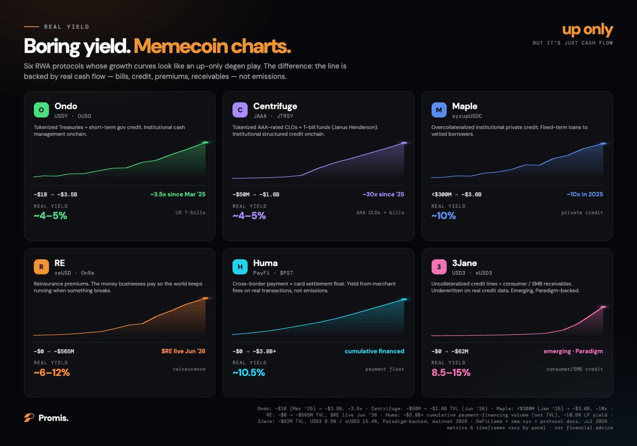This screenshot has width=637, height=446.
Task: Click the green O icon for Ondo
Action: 41,110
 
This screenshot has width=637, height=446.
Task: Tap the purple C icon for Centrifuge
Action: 240,110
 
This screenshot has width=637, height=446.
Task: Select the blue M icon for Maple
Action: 439,110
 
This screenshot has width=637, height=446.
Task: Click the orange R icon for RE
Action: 41,267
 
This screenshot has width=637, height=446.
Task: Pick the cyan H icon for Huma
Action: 240,267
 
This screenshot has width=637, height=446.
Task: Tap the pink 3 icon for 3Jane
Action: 439,267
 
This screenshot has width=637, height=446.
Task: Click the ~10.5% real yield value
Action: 248,372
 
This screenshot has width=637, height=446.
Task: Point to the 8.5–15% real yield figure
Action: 451,372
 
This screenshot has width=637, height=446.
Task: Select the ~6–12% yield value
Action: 51,372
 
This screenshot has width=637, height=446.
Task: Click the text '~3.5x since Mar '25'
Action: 178,194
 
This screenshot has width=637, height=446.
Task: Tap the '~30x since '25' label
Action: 383,194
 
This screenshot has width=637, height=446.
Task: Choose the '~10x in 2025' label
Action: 584,194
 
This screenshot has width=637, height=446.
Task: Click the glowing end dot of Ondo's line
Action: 205,142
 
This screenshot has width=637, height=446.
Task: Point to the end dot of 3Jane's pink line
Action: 603,307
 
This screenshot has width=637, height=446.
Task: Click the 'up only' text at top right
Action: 588,30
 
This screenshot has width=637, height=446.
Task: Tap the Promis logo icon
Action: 29,417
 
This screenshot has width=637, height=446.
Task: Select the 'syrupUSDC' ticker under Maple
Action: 467,116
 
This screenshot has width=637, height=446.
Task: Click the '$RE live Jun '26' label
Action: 183,351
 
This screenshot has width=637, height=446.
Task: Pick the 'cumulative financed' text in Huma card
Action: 374,351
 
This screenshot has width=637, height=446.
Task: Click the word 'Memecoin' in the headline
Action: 181,46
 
